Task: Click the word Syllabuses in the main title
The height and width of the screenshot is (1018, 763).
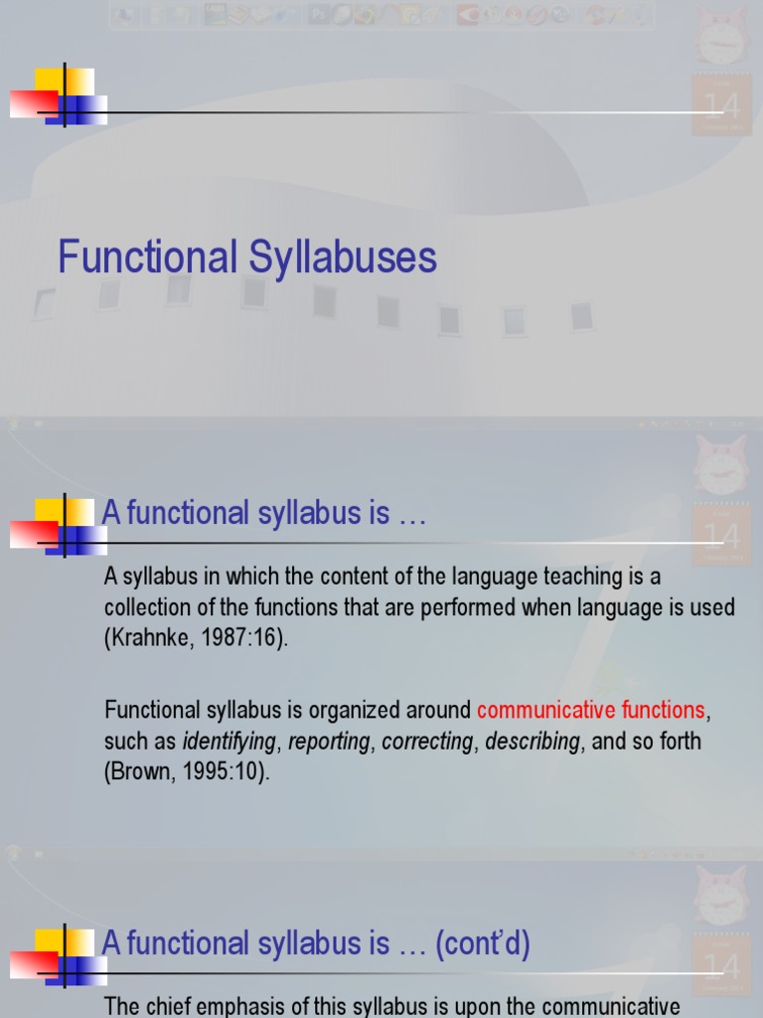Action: pyautogui.click(x=344, y=257)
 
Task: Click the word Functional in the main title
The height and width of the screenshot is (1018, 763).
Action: pyautogui.click(x=147, y=257)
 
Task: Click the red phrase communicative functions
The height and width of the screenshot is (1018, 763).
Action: pyautogui.click(x=590, y=710)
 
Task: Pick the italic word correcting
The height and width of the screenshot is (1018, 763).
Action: pyautogui.click(x=427, y=742)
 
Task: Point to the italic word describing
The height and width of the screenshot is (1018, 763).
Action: pyautogui.click(x=532, y=742)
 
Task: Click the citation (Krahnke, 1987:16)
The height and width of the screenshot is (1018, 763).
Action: pyautogui.click(x=196, y=638)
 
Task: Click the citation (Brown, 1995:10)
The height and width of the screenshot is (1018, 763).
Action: pyautogui.click(x=187, y=772)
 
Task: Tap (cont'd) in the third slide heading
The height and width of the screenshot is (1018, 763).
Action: pyautogui.click(x=483, y=943)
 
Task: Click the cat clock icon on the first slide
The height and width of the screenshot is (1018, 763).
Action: pyautogui.click(x=722, y=37)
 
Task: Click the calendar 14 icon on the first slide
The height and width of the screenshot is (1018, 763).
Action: pyautogui.click(x=720, y=104)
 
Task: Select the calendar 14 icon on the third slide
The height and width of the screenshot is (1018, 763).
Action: pyautogui.click(x=720, y=963)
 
